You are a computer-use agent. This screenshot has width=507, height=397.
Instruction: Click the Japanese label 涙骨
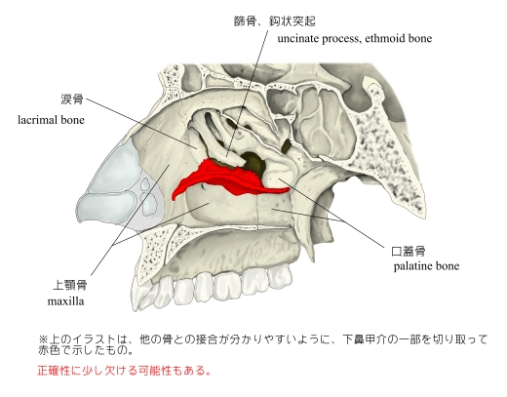pyautogui.click(x=72, y=99)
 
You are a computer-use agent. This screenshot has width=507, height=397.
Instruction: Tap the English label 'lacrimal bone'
pyautogui.click(x=51, y=120)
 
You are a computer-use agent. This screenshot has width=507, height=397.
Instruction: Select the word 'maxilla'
pyautogui.click(x=65, y=301)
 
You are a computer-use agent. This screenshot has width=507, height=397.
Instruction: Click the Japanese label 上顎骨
pyautogui.click(x=70, y=285)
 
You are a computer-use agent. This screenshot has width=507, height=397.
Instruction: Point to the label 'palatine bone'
pyautogui.click(x=426, y=266)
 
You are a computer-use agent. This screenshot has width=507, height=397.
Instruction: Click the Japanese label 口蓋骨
pyautogui.click(x=409, y=251)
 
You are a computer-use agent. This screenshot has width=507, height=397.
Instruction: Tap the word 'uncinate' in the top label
pyautogui.click(x=298, y=39)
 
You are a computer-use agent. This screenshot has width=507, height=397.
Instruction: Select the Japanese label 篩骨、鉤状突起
pyautogui.click(x=275, y=21)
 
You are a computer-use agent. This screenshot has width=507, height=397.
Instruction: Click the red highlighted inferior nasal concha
pyautogui.click(x=224, y=179)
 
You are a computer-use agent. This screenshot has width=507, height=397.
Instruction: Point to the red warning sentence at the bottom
pyautogui.click(x=124, y=371)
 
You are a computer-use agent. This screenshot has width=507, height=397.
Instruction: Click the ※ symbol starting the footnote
pyautogui.click(x=43, y=339)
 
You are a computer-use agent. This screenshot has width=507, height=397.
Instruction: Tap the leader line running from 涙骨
pyautogui.click(x=141, y=124)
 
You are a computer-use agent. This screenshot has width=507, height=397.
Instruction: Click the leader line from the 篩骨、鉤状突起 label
pyautogui.click(x=248, y=93)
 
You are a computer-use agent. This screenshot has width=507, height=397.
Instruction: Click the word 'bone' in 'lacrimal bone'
pyautogui.click(x=72, y=120)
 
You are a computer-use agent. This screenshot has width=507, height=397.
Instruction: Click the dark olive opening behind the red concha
pyautogui.click(x=254, y=162)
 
